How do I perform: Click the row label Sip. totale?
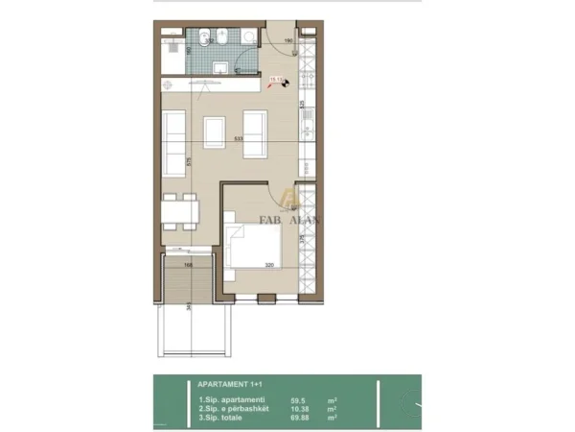(224, 419)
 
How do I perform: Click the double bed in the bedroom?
(256, 243)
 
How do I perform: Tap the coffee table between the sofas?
(215, 131)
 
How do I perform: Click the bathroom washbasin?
(220, 67)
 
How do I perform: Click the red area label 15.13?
(275, 82)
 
